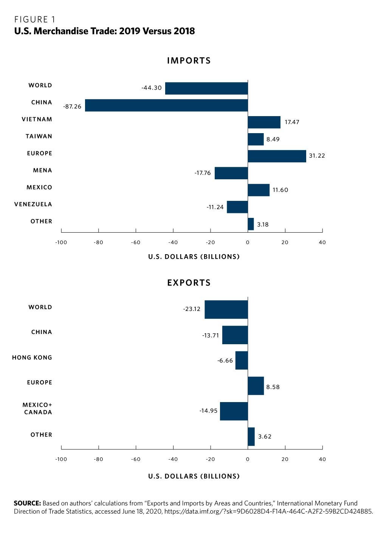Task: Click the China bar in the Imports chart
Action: (166, 105)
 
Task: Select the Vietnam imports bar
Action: (264, 122)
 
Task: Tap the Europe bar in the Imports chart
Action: (277, 156)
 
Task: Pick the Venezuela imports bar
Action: (237, 207)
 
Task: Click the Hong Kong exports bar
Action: (242, 360)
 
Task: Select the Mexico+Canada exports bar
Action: (234, 411)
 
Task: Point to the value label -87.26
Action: (72, 107)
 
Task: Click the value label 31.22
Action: (317, 155)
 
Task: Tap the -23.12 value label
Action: (192, 309)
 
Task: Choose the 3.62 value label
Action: (265, 437)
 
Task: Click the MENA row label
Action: (42, 170)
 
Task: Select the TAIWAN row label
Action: (39, 136)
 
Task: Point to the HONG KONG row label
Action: (32, 357)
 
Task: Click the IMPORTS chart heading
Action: (189, 61)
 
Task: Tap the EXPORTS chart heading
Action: (189, 283)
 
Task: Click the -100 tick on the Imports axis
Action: (61, 242)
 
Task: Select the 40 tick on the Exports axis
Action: (322, 459)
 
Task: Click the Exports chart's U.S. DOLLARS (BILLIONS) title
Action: (194, 476)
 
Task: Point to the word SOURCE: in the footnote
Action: (27, 503)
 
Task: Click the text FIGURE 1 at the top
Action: (35, 19)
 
